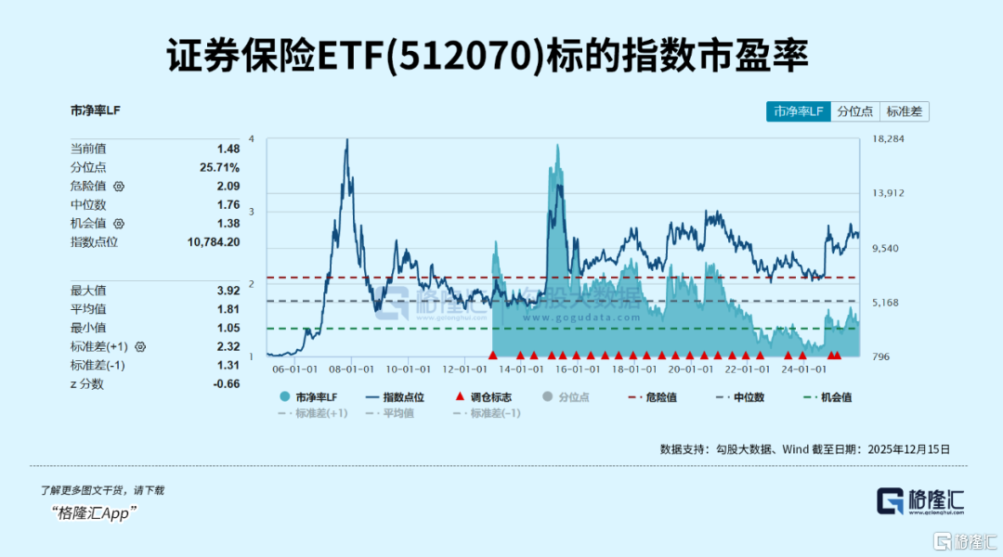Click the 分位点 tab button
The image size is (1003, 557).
click(854, 111)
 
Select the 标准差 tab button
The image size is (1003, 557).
click(904, 111)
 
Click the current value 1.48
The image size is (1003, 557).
click(228, 149)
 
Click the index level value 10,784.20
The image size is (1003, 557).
click(214, 242)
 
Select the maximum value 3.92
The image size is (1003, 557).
click(228, 291)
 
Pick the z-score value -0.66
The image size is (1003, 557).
click(227, 383)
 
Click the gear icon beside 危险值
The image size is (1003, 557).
click(119, 187)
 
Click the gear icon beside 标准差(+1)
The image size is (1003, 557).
click(140, 346)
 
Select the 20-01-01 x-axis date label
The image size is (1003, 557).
click(690, 368)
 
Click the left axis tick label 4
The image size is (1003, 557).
click(252, 139)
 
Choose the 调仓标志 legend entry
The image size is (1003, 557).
click(483, 396)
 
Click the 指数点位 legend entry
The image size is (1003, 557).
click(396, 396)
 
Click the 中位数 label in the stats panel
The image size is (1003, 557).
click(89, 205)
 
